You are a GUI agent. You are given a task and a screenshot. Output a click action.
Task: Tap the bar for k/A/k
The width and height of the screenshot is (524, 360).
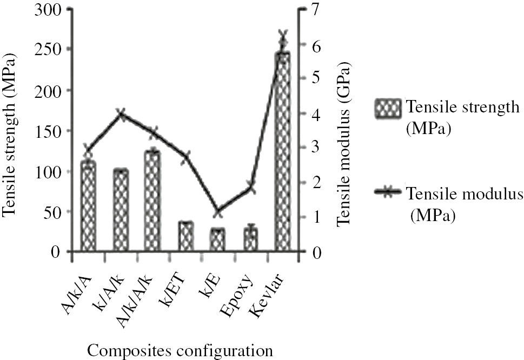click(121, 211)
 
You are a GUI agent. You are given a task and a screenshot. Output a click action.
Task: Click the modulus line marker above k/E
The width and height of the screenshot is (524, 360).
click(218, 211)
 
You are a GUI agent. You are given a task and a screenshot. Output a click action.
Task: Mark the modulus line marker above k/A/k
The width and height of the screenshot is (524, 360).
click(121, 114)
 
